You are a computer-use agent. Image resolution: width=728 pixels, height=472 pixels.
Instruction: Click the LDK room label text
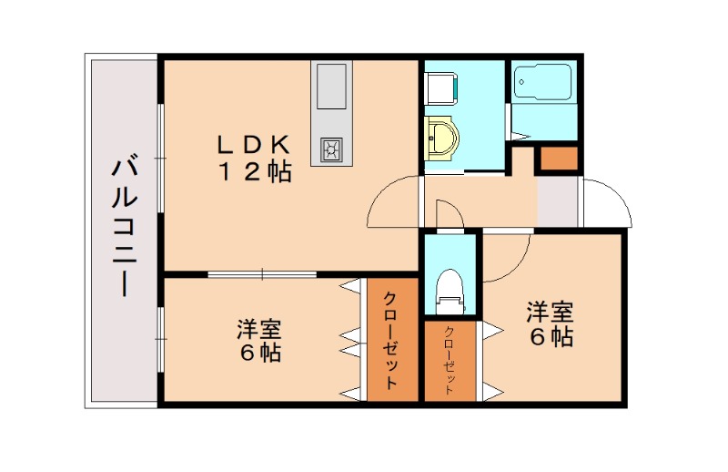pyautogui.click(x=253, y=144)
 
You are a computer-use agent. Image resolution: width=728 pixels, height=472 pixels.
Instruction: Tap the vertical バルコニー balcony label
pyautogui.click(x=125, y=227)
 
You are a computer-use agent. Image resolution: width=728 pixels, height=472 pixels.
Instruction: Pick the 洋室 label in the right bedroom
pyautogui.click(x=551, y=312)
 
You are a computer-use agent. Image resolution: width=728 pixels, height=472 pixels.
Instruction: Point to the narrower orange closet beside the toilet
pyautogui.click(x=450, y=361)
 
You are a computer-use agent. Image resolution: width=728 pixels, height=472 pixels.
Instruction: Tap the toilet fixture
pyautogui.click(x=450, y=290)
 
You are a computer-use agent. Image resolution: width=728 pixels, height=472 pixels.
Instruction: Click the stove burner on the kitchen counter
pyautogui.click(x=329, y=148)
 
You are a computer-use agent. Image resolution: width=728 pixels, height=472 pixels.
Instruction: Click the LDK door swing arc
pyautogui.click(x=394, y=202)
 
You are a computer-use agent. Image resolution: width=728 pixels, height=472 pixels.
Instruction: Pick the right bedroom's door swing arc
pyautogui.click(x=504, y=261)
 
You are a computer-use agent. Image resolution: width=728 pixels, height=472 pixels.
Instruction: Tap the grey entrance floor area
pyautogui.click(x=557, y=201)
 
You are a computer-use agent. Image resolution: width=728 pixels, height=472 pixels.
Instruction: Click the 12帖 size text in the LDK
pyautogui.click(x=253, y=171)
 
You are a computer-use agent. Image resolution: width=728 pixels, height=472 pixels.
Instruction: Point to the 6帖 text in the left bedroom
pyautogui.click(x=260, y=353)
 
